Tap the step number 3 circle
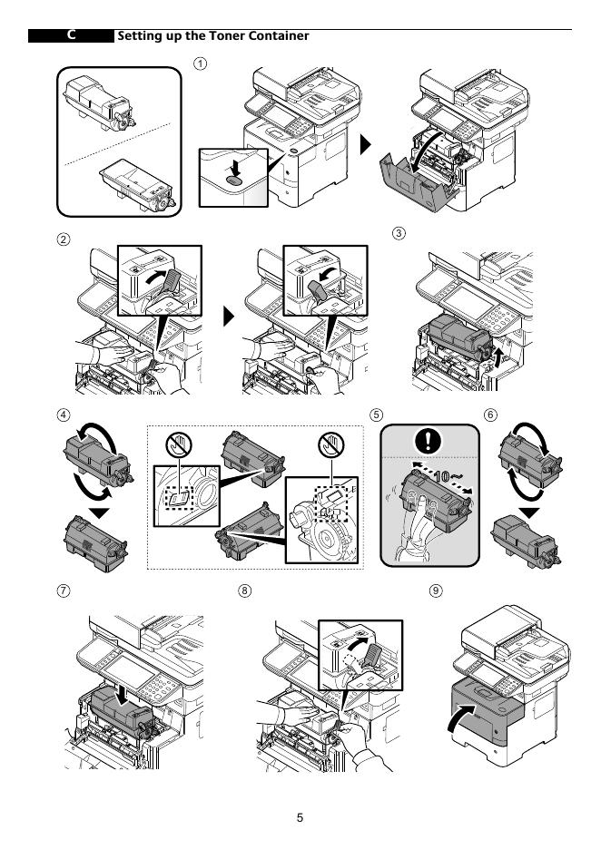click(399, 233)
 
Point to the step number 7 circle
click(64, 590)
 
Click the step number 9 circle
click(437, 590)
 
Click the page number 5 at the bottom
click(300, 818)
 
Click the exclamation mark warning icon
click(429, 442)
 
